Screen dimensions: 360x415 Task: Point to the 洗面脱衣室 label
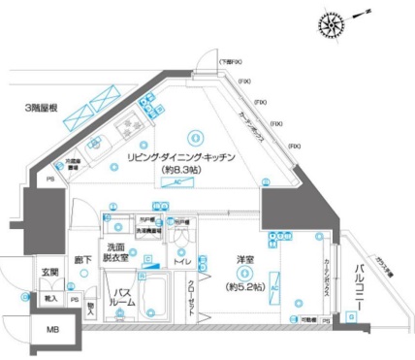pos(121,251)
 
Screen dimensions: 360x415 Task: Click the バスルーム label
pos(121,297)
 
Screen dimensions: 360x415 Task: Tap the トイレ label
pos(181,261)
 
